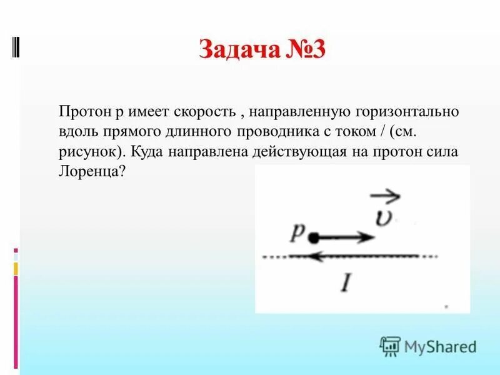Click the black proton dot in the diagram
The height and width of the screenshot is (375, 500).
[314, 237]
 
